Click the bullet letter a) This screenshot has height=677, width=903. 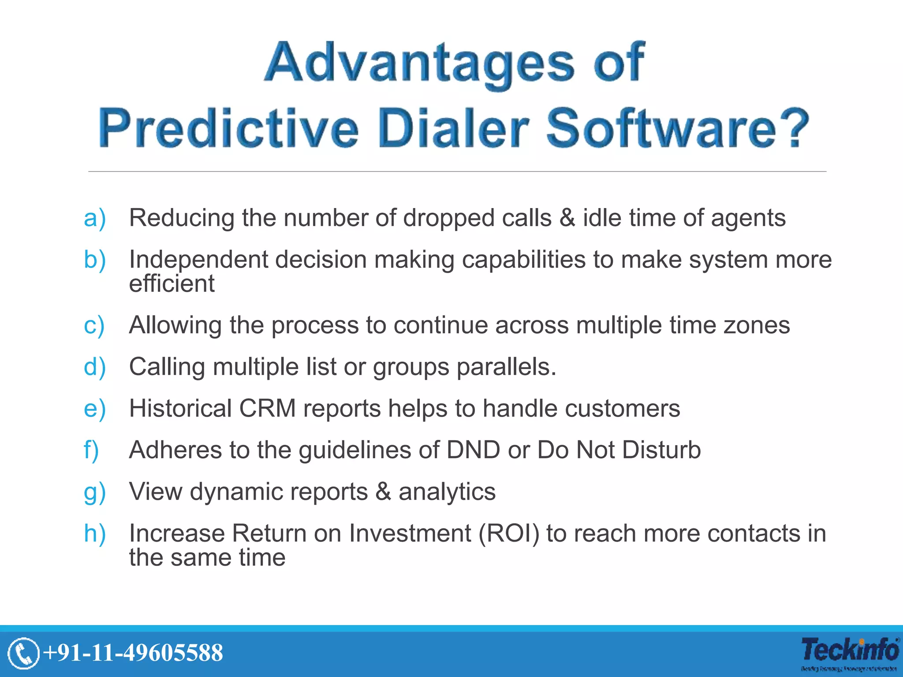point(95,218)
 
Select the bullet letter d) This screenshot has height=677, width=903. point(95,367)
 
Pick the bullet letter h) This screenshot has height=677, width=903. point(95,534)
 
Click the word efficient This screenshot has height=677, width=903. point(172,283)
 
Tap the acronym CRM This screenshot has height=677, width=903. point(267,408)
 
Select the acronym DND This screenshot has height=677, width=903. point(473,450)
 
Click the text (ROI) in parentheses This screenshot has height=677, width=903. point(509,534)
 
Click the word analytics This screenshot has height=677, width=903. point(447,492)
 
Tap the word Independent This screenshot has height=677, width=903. point(198,260)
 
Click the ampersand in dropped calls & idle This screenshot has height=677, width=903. point(567,218)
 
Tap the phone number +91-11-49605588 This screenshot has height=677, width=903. point(134,653)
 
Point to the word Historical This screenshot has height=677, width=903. point(180,408)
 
